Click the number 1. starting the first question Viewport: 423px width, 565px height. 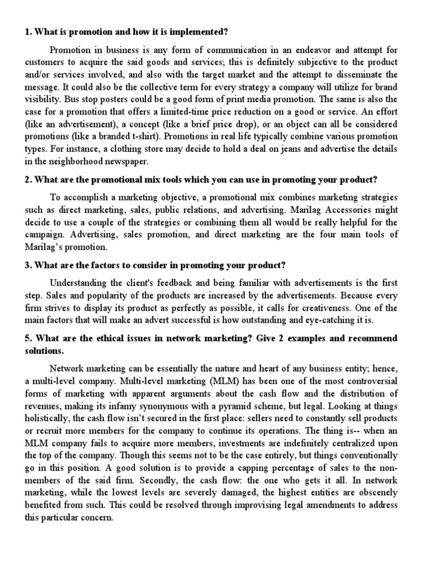(x=28, y=31)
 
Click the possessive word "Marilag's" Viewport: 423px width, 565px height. (x=46, y=247)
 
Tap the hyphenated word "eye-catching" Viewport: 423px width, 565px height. (x=325, y=321)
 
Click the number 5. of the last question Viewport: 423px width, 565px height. (x=28, y=339)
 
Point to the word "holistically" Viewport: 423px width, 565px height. (x=46, y=420)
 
